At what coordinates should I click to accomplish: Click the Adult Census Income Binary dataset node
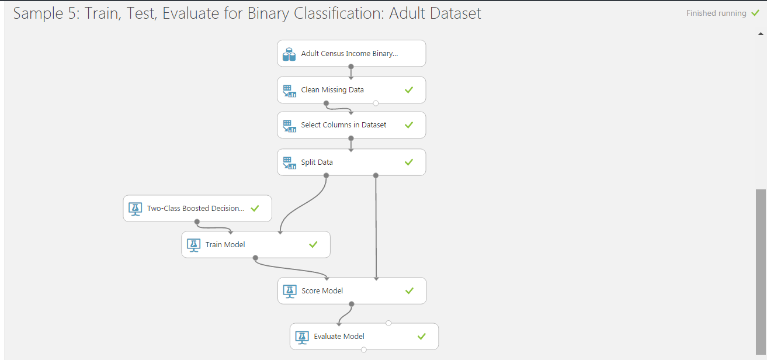click(351, 53)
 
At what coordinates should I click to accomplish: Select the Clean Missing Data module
click(351, 90)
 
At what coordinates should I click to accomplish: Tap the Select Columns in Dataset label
click(343, 125)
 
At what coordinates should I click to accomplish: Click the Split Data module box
click(351, 162)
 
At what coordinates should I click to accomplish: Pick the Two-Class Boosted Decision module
click(197, 208)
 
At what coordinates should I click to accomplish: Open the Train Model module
click(256, 244)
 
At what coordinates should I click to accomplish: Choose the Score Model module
click(352, 291)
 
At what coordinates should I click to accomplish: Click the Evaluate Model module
click(365, 337)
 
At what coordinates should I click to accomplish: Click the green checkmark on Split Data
click(409, 162)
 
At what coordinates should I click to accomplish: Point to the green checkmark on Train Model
click(313, 244)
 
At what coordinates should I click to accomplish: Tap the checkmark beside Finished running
click(755, 13)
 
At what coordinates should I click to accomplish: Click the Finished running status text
click(716, 13)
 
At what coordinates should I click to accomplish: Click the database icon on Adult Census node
click(289, 54)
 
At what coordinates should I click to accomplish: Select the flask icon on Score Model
click(290, 291)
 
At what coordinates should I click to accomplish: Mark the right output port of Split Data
click(376, 175)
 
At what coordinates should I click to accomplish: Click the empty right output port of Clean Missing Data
click(376, 103)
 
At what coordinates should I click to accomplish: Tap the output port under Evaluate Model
click(364, 349)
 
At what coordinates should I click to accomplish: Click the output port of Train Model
click(255, 258)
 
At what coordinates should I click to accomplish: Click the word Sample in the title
click(39, 13)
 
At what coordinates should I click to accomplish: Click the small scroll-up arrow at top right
click(761, 33)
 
